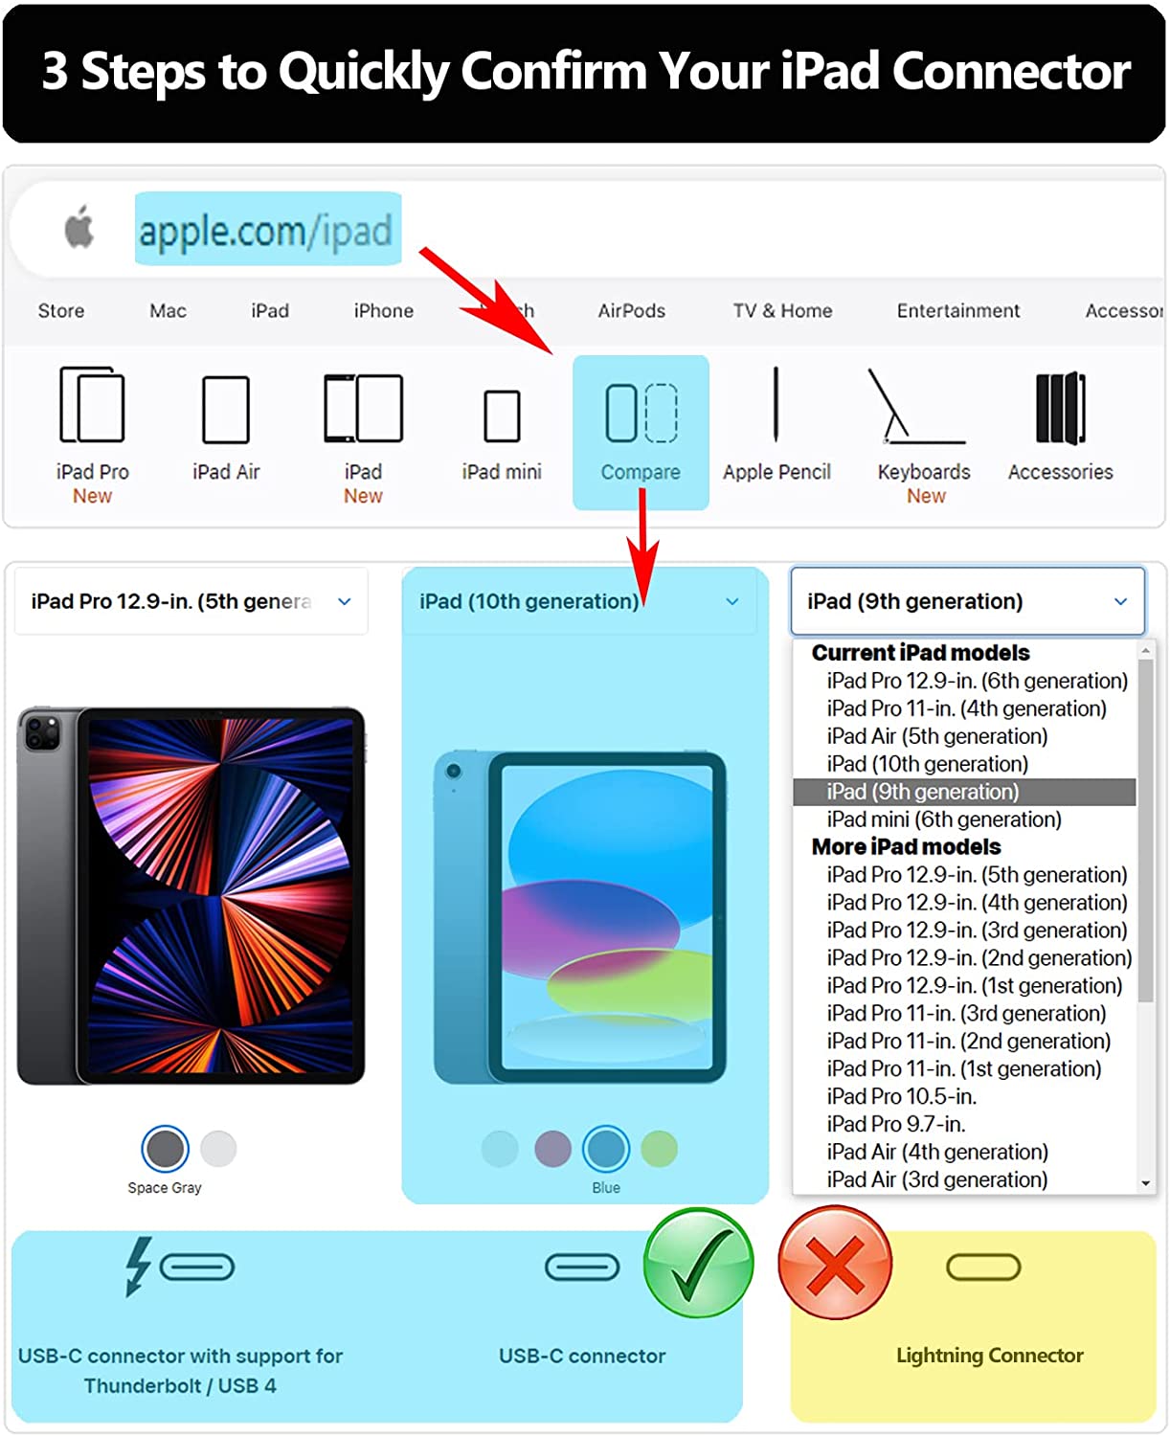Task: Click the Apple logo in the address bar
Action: [79, 227]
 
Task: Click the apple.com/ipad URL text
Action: [265, 232]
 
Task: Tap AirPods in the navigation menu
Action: [631, 311]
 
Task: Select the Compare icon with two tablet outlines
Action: [641, 413]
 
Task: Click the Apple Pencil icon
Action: [776, 405]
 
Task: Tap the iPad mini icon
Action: [502, 415]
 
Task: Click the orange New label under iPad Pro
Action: [92, 496]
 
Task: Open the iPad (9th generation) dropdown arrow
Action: [1120, 600]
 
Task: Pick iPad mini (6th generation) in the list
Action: [943, 819]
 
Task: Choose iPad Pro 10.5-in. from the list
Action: [901, 1096]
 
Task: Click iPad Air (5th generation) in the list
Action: [936, 736]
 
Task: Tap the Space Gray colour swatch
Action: [165, 1148]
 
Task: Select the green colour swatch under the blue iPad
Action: [659, 1148]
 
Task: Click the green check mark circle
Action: [698, 1262]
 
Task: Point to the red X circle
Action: [835, 1262]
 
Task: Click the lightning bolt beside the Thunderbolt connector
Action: [138, 1267]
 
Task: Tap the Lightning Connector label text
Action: [989, 1355]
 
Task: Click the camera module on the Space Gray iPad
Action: [42, 732]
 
